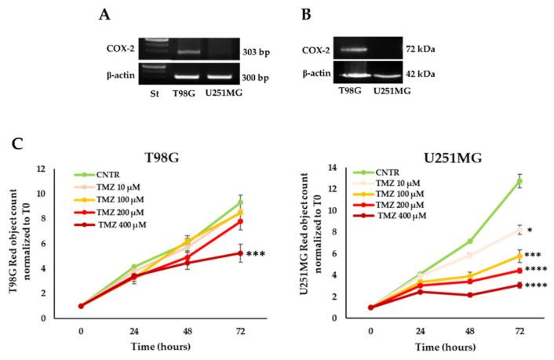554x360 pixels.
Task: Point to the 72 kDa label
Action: click(x=420, y=49)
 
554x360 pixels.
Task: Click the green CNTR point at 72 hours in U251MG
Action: click(x=519, y=181)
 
